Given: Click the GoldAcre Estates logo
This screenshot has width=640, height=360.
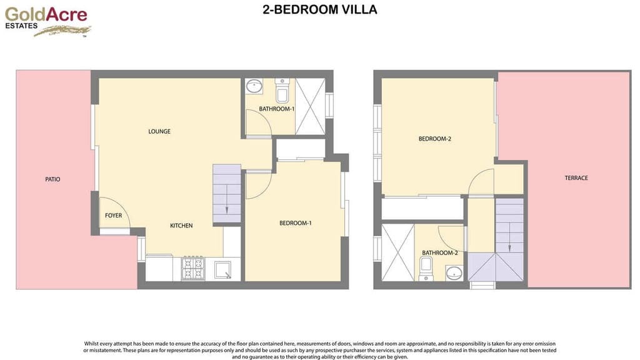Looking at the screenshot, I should click(x=47, y=21).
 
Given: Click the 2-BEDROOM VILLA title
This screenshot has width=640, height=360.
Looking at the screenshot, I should click(x=320, y=10).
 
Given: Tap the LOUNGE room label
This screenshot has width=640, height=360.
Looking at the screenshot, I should click(x=159, y=131).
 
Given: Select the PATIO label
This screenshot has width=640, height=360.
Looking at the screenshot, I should click(x=53, y=179).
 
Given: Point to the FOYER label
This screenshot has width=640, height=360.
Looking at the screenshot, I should click(x=113, y=216).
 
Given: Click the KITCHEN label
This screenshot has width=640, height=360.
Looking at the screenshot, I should click(x=182, y=226).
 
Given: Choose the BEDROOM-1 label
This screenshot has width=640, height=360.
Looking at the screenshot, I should click(x=295, y=223).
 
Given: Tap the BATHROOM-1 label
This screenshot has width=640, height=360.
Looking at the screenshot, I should click(x=276, y=109).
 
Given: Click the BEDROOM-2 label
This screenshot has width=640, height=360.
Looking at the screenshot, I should click(x=434, y=139).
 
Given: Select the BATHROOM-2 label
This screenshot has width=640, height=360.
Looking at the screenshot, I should click(x=440, y=253).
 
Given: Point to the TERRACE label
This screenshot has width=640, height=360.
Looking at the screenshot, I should click(x=576, y=178).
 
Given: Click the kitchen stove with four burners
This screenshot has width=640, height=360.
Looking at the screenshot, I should click(x=192, y=269).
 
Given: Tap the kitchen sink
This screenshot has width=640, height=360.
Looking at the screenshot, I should click(x=222, y=270).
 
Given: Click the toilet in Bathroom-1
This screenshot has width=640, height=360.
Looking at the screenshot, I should click(x=282, y=92).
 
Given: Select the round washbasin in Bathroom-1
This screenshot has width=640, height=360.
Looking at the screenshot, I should click(x=254, y=86).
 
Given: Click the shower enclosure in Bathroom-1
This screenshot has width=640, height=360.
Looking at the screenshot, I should click(x=310, y=106).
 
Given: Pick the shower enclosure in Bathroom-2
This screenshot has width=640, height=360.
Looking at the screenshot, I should click(x=397, y=252).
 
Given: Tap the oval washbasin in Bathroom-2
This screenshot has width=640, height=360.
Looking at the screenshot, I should click(x=454, y=272).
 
